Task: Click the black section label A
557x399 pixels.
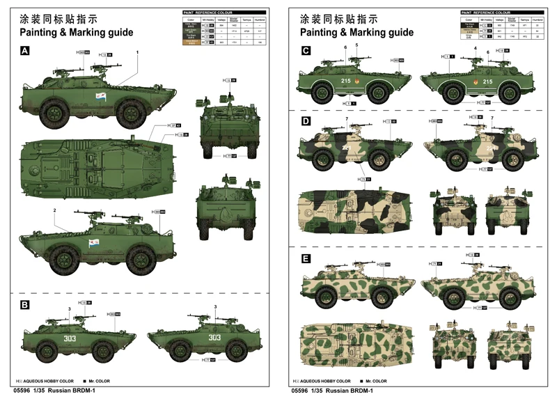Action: coord(25,51)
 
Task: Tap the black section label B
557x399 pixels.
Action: coord(25,305)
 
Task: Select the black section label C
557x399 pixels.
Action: coord(306,51)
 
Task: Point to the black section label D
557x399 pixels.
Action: coord(306,121)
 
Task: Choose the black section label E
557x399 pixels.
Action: coord(306,258)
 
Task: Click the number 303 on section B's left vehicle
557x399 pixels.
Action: coord(69,338)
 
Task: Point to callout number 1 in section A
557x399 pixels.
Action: coord(137,52)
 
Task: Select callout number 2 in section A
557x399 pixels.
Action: coord(54,210)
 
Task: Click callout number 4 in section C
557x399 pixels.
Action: coord(476,48)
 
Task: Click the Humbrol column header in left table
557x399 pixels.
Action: coord(259,20)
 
